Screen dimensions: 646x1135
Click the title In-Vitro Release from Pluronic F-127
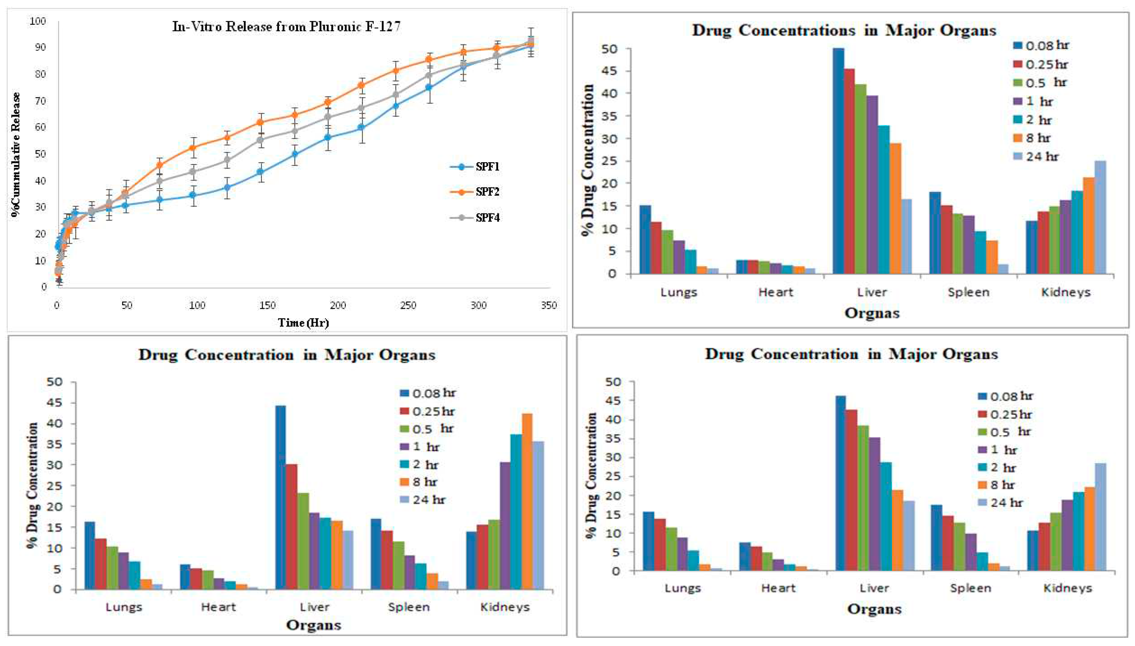(286, 27)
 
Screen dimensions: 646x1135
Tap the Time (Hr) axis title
(304, 323)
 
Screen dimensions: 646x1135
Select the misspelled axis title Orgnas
(871, 313)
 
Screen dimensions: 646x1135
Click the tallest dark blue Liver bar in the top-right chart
(838, 161)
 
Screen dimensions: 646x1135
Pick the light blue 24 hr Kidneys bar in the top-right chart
(1100, 217)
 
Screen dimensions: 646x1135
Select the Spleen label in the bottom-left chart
(409, 607)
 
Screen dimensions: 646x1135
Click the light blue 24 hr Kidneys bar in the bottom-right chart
(1100, 517)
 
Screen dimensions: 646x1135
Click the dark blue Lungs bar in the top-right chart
(645, 240)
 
